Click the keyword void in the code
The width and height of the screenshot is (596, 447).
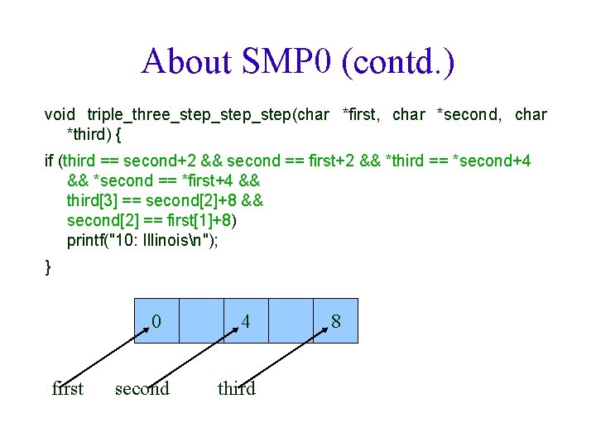tap(60, 115)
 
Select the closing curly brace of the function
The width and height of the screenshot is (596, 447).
tap(48, 267)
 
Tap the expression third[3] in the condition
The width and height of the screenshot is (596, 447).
tap(94, 201)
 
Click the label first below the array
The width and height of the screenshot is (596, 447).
tap(67, 388)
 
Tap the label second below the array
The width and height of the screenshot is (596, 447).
tap(142, 388)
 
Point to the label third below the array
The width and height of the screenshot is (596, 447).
tap(237, 388)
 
